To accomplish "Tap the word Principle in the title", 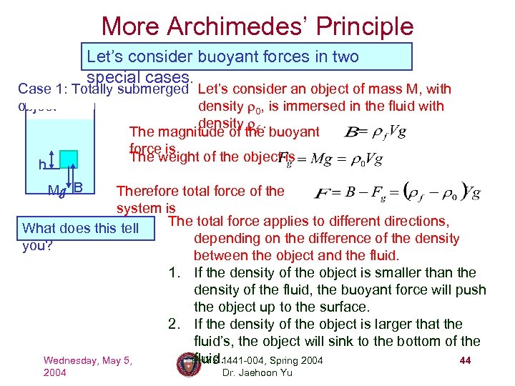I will click(x=365, y=26).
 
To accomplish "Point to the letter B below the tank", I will click(x=79, y=188).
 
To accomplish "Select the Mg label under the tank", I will click(x=55, y=190).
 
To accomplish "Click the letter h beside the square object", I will click(x=43, y=165).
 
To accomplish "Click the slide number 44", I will click(x=465, y=360).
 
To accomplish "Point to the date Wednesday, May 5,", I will click(x=87, y=360).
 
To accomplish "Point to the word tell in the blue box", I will click(x=128, y=229).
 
